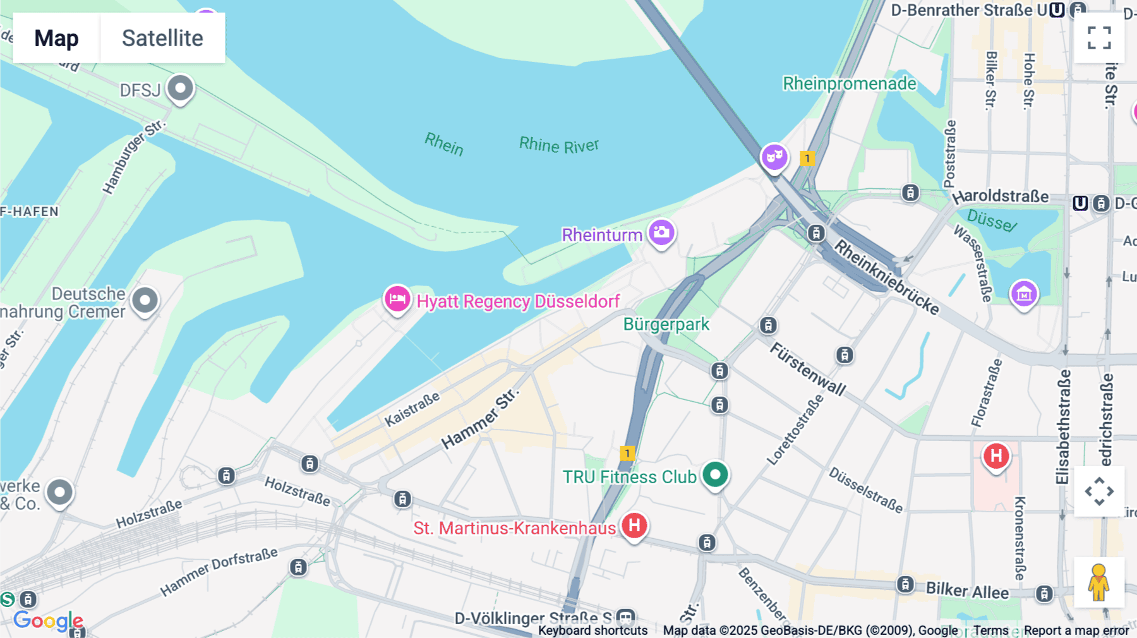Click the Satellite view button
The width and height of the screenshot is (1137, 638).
(x=162, y=39)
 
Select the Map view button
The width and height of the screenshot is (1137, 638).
(x=56, y=39)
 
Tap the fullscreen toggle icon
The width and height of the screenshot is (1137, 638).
(x=1099, y=38)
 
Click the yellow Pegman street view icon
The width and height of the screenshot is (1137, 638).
(x=1098, y=582)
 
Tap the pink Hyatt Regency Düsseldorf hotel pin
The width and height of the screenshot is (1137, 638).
(x=397, y=299)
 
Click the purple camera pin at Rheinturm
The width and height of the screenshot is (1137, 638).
(x=661, y=232)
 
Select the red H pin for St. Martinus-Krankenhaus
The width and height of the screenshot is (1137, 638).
(x=634, y=525)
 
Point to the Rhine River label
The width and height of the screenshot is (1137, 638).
(x=558, y=145)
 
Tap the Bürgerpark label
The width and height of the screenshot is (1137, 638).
(x=666, y=324)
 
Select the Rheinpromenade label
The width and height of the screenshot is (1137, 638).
(x=849, y=83)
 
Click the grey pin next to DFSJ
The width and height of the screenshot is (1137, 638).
(x=180, y=88)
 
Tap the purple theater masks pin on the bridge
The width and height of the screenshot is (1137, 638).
(x=774, y=156)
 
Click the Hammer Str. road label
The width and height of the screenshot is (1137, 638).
(x=480, y=419)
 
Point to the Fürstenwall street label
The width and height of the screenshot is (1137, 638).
(x=808, y=369)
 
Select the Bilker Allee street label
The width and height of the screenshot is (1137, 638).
(x=967, y=591)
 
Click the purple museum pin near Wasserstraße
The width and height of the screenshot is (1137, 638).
(x=1024, y=294)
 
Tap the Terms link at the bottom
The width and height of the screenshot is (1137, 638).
(x=990, y=630)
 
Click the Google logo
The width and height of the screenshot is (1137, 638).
(x=48, y=621)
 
